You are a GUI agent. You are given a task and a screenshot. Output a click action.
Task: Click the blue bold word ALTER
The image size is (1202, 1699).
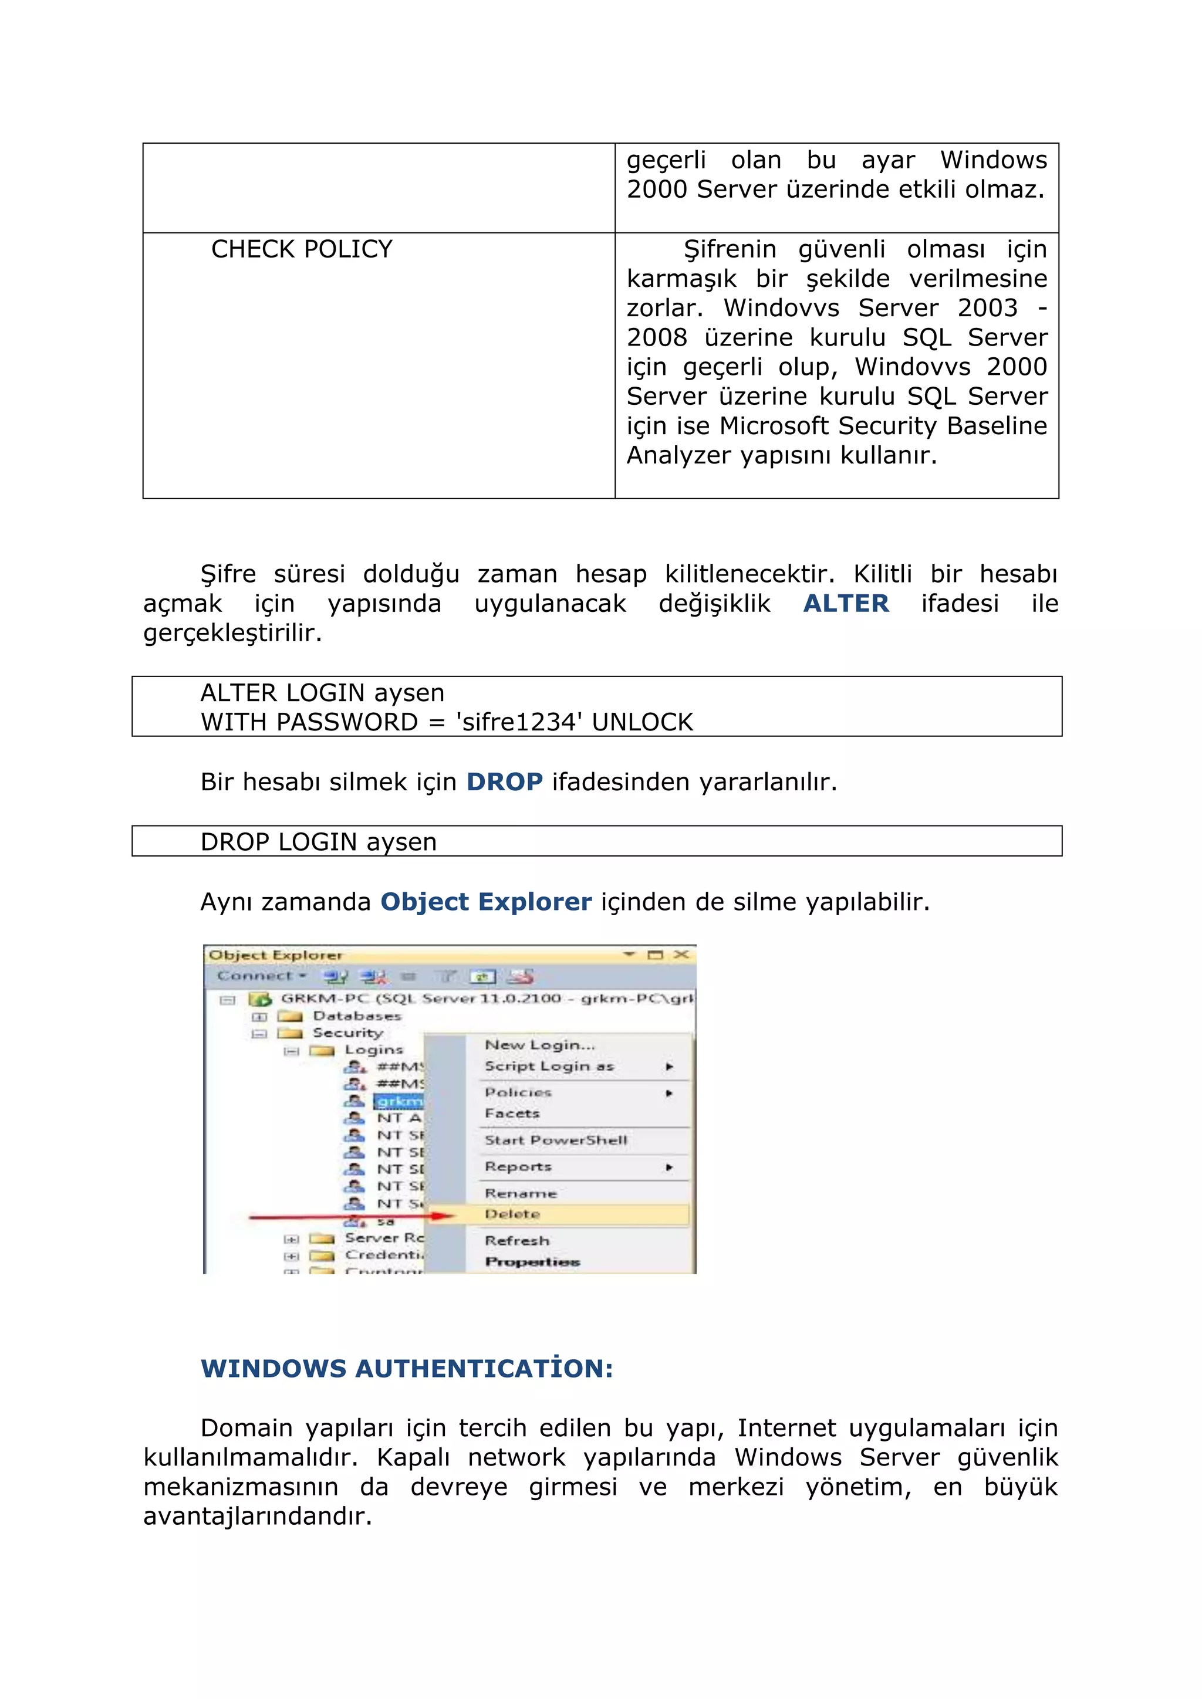(845, 604)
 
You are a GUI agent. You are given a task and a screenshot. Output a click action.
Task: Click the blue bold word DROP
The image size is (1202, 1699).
(504, 782)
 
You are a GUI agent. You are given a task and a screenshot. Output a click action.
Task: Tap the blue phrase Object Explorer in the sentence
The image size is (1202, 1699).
(485, 902)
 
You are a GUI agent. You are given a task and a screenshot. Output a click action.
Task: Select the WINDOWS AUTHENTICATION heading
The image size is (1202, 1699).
(406, 1368)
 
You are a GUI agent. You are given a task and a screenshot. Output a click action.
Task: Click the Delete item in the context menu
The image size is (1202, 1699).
(512, 1214)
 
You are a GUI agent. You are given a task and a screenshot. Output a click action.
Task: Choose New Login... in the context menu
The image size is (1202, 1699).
(539, 1045)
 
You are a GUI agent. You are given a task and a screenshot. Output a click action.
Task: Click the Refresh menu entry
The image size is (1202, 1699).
(516, 1241)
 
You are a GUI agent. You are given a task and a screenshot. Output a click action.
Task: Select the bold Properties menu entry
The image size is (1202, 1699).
(532, 1262)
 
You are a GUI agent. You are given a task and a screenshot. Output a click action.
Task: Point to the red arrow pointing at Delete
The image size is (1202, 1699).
(348, 1216)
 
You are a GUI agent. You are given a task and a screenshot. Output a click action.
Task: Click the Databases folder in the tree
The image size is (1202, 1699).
(356, 1016)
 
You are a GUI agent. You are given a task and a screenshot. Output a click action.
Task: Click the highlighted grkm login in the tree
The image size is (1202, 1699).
(398, 1101)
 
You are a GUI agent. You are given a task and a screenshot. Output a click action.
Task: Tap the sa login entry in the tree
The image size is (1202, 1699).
(386, 1221)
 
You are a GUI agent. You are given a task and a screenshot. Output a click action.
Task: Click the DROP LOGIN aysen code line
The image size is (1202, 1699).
(318, 842)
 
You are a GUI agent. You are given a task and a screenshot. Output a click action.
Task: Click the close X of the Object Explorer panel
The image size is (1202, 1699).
(681, 955)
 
